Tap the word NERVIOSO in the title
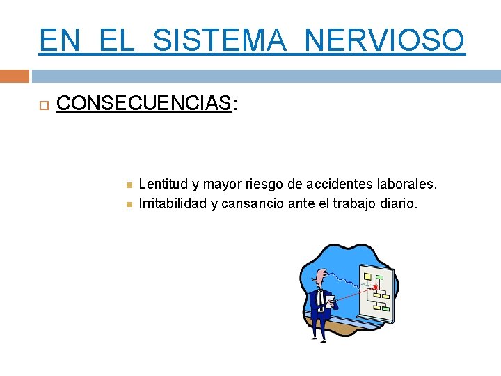[x=384, y=40]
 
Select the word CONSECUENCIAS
[x=143, y=104]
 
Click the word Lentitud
[x=164, y=185]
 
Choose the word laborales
[x=410, y=185]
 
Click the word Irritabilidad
[x=173, y=204]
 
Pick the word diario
[x=400, y=204]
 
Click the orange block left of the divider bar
[x=15, y=76]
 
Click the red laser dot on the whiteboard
[x=376, y=287]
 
